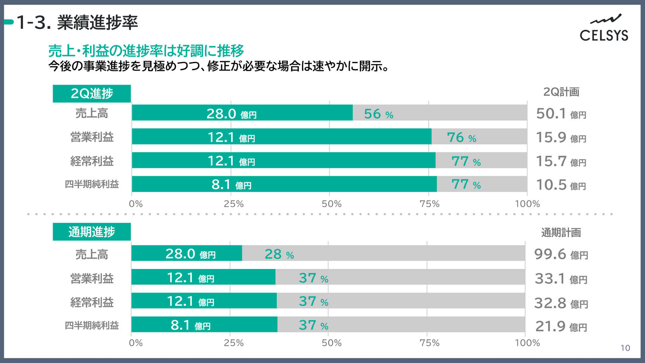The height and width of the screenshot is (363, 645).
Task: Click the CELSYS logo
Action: point(604,28)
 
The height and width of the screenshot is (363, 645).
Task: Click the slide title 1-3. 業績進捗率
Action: point(77,23)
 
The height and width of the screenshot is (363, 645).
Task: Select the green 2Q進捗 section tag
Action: point(92,93)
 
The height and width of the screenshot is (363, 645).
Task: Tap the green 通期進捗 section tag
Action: point(92,232)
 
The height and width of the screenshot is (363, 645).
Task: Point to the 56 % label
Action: point(379,114)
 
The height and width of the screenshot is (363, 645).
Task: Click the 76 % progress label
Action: point(462,137)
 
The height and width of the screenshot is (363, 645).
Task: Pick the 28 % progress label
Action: point(279,254)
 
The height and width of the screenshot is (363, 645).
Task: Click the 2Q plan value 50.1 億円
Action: point(561,114)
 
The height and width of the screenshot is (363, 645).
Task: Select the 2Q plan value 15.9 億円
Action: point(561,137)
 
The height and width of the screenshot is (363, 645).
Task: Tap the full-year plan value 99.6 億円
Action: point(561,254)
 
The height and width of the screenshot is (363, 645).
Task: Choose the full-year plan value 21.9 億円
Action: point(561,326)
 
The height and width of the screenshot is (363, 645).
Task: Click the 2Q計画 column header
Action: point(561,92)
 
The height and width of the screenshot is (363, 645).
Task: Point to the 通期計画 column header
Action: point(561,232)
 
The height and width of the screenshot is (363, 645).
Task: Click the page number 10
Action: point(625,348)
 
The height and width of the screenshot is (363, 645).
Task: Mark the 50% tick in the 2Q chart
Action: point(332,204)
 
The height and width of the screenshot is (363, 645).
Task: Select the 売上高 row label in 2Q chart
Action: point(92,113)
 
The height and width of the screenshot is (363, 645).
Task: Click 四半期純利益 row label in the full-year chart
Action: point(92,325)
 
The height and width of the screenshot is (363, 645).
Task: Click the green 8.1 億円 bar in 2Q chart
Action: point(284,184)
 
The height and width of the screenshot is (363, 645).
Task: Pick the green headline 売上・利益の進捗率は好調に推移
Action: point(146,51)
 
